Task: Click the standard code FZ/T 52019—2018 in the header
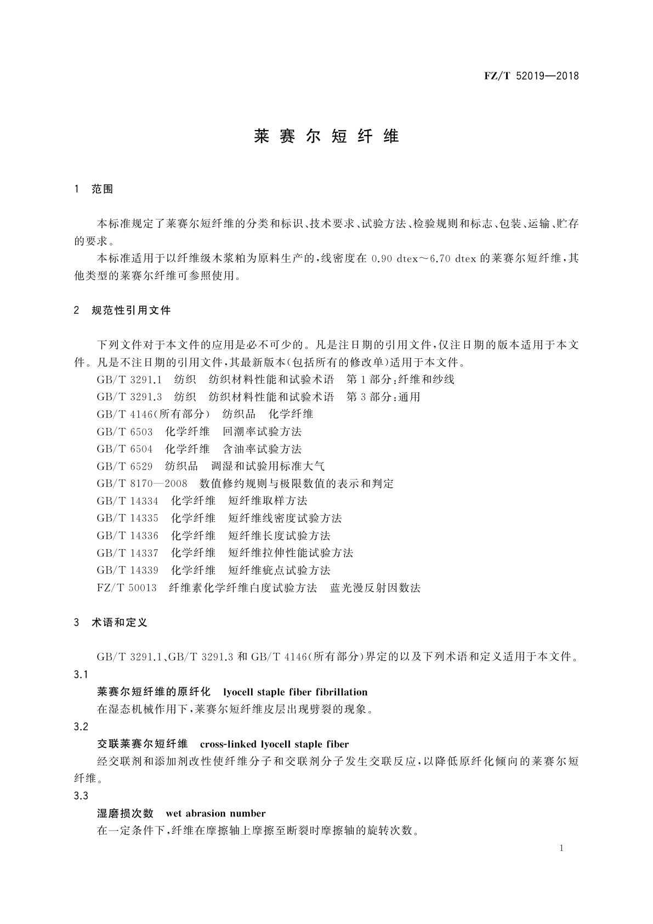click(531, 76)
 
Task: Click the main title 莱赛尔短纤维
click(327, 136)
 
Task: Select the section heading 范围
click(102, 189)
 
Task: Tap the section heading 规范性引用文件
click(132, 311)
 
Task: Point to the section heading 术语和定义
click(120, 623)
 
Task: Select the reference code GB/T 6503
click(124, 431)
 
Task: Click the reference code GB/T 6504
click(124, 449)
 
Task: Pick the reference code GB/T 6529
click(124, 466)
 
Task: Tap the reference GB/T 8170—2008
click(142, 483)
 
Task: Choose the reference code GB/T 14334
click(127, 500)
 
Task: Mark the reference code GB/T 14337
click(127, 553)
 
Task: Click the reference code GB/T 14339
click(127, 570)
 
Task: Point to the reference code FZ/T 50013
click(126, 588)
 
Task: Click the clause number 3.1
click(81, 674)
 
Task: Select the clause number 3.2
click(81, 726)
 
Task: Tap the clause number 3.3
click(81, 796)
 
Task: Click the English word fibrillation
click(340, 692)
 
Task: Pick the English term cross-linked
click(229, 745)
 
